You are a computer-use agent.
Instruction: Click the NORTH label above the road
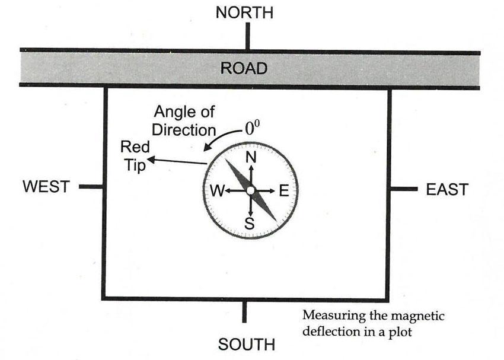(x=244, y=13)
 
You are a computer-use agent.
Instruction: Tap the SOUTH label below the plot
(x=247, y=344)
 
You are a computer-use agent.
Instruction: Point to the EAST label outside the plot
(x=447, y=190)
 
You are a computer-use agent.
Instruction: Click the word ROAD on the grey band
(x=244, y=68)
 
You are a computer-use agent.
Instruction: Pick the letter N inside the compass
(x=251, y=158)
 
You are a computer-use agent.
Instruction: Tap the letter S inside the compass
(x=250, y=224)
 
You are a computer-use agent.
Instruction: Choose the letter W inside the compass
(x=217, y=191)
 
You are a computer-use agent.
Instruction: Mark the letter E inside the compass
(x=283, y=191)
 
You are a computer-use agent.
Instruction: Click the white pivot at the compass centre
(x=250, y=190)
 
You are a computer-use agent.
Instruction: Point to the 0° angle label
(x=253, y=128)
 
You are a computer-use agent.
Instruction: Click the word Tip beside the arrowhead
(x=135, y=167)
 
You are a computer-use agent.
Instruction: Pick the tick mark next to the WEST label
(x=91, y=187)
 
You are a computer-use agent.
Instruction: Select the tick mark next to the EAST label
(x=404, y=189)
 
